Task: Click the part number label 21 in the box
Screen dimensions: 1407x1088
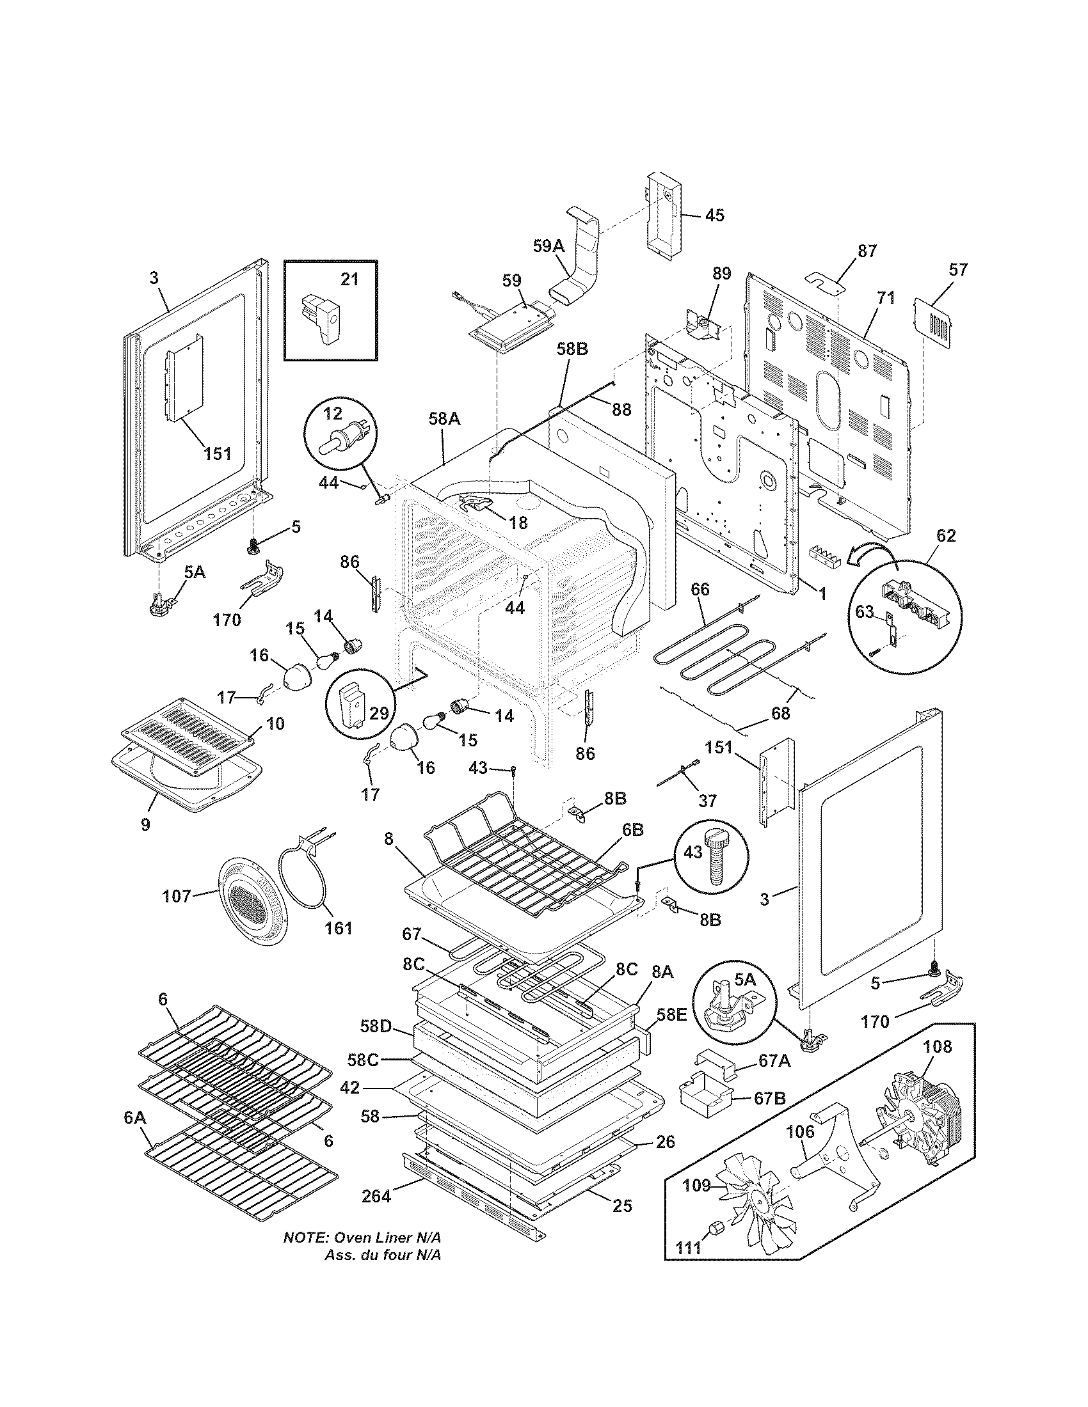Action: click(x=349, y=279)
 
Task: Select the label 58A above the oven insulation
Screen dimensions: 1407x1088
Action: click(x=444, y=419)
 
